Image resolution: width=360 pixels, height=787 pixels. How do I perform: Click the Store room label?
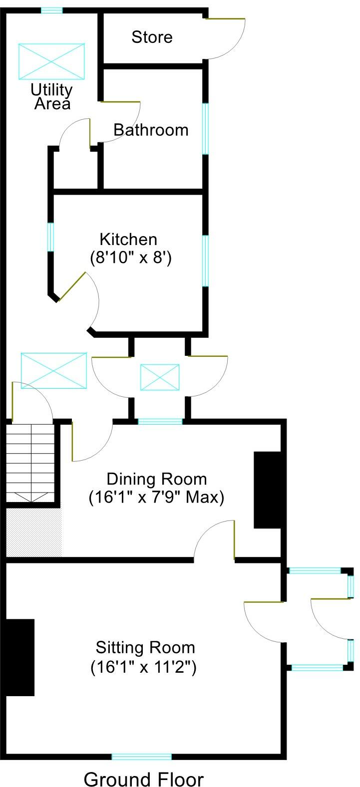click(x=152, y=37)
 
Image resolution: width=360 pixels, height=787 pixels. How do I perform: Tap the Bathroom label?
click(x=151, y=130)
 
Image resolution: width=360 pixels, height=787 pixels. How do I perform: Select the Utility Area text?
click(x=51, y=97)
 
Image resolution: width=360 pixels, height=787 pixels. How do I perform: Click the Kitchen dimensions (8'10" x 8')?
click(x=131, y=258)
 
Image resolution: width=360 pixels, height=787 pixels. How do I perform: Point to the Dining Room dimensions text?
click(x=156, y=498)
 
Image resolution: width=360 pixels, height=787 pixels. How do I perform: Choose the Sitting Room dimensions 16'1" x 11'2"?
click(x=144, y=667)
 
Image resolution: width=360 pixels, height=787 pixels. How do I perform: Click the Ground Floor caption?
click(x=144, y=779)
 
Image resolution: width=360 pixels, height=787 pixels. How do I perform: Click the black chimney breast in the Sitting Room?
click(x=20, y=657)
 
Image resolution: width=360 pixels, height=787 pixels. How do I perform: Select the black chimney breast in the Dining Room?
click(x=267, y=490)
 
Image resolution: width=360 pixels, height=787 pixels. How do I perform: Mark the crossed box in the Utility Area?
click(x=51, y=61)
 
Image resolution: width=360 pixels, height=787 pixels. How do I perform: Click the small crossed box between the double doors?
click(x=159, y=377)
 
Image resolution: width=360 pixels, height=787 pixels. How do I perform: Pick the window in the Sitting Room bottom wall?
click(x=141, y=757)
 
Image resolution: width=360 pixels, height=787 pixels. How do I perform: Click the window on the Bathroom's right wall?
click(x=205, y=129)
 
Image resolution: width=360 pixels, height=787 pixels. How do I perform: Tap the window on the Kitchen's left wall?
click(x=50, y=237)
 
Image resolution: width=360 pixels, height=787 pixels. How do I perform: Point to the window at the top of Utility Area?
click(x=51, y=10)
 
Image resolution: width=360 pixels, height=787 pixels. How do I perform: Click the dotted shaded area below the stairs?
click(x=33, y=532)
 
